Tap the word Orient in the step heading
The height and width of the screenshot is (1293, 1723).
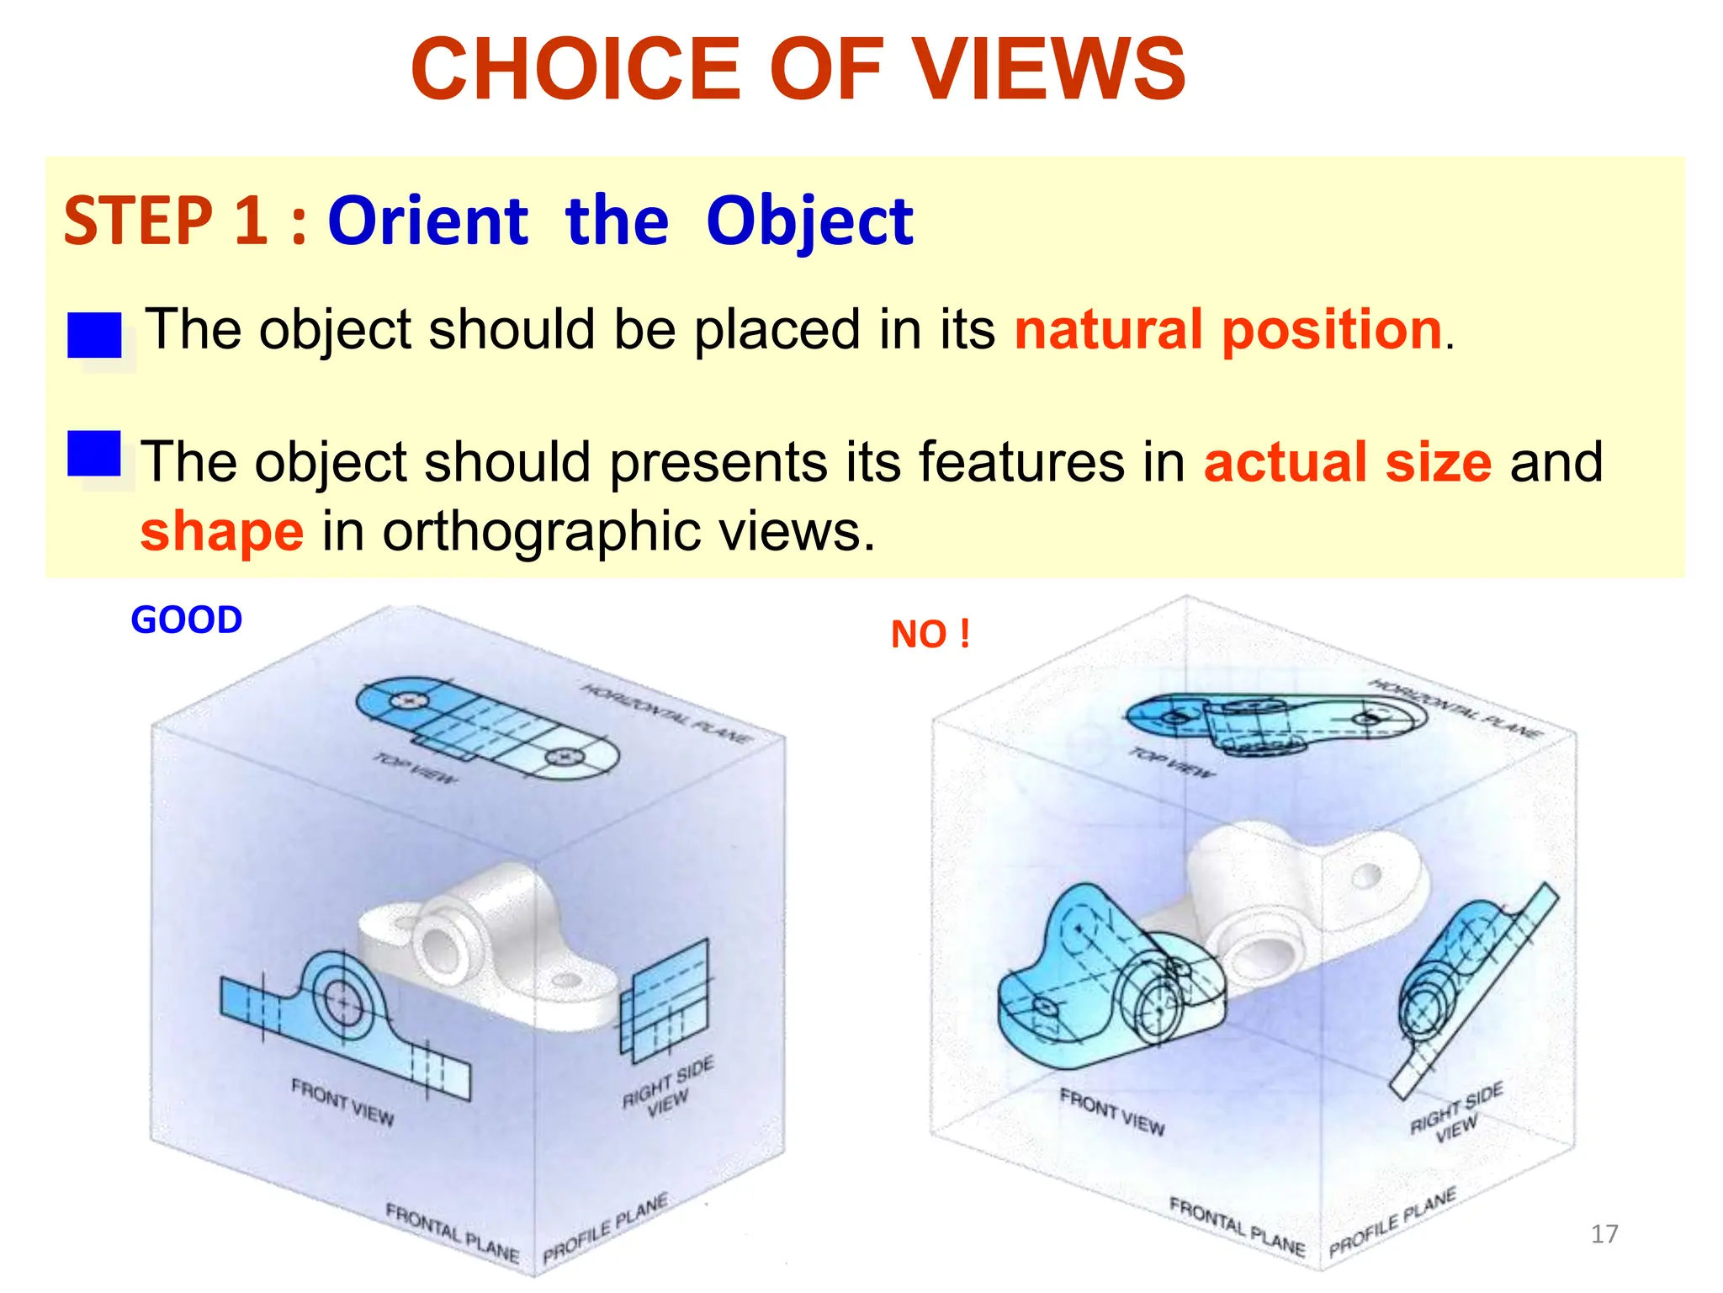tap(427, 221)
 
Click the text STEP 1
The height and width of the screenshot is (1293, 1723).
tap(166, 221)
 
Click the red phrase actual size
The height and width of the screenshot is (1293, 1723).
tap(1347, 462)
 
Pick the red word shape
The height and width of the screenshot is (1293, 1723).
tap(221, 532)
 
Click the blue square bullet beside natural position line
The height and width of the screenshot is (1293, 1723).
tap(94, 335)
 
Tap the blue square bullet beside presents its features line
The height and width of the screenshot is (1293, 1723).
tap(94, 455)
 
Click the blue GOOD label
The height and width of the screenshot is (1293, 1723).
tap(187, 620)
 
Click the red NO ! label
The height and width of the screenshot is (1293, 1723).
tap(930, 634)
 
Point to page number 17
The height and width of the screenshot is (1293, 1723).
tap(1604, 1234)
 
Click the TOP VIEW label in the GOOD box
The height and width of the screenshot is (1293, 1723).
tap(416, 769)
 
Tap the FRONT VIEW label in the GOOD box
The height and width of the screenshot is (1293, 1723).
tap(342, 1101)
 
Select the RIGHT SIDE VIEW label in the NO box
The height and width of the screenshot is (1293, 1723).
tap(1456, 1114)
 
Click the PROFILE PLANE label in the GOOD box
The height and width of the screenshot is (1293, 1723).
tap(605, 1227)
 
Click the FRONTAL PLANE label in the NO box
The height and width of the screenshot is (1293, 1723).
tap(1237, 1227)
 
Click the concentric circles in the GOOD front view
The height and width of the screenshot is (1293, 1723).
tap(342, 1000)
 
